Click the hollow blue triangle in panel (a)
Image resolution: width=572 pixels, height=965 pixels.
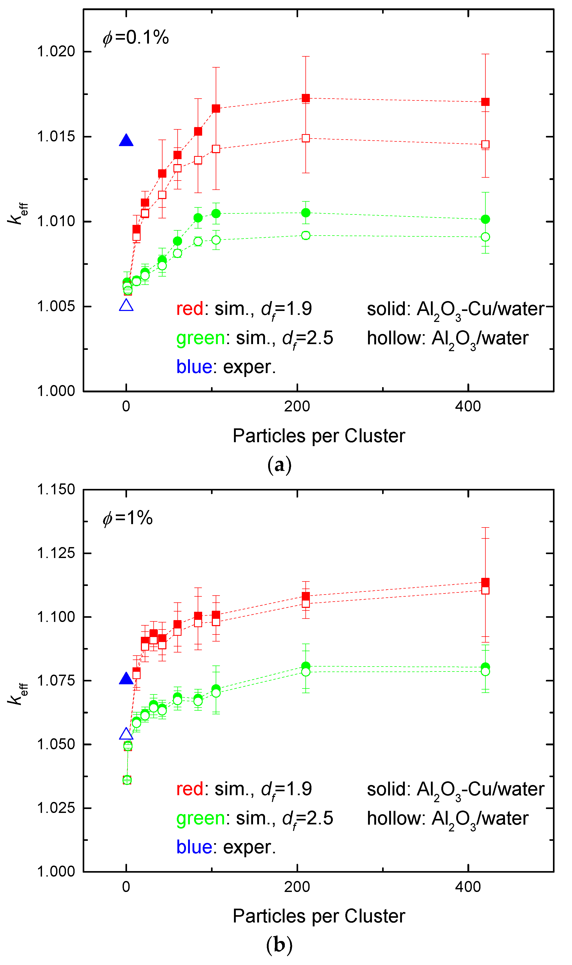click(x=126, y=306)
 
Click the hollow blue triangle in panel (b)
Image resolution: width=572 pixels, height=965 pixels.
click(x=126, y=734)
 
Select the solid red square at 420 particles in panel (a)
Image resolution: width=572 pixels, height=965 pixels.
click(x=485, y=102)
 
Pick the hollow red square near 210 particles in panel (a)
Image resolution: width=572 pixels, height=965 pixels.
click(x=306, y=138)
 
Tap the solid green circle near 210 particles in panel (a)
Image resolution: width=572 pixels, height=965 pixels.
click(x=306, y=213)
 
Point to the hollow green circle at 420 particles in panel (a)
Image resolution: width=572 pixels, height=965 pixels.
click(x=485, y=237)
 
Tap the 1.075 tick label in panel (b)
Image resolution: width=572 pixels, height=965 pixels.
click(x=56, y=680)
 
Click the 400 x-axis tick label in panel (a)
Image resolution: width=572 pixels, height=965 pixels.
click(x=468, y=406)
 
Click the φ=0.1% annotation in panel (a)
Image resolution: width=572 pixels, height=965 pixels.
click(x=136, y=38)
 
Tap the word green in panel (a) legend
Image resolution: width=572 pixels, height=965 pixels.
click(x=200, y=338)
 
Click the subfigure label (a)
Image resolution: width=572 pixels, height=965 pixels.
click(x=279, y=465)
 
